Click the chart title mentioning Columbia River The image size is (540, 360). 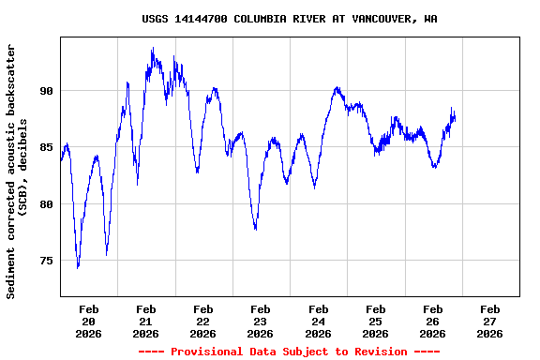[289, 19]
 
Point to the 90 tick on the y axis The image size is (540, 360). [47, 91]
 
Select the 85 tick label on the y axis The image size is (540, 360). [47, 147]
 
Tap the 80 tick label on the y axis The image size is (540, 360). [47, 203]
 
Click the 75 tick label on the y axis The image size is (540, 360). [47, 260]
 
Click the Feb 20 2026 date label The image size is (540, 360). [89, 321]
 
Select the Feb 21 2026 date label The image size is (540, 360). [146, 321]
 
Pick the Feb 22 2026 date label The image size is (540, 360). [203, 321]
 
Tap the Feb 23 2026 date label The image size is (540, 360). [261, 321]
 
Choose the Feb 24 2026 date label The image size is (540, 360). [318, 321]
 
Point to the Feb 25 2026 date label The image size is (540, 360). [375, 321]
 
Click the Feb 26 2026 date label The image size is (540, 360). [432, 321]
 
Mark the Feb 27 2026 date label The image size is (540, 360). [489, 321]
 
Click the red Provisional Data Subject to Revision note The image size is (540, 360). [289, 352]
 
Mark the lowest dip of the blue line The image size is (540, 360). [78, 267]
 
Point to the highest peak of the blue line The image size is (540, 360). [152, 48]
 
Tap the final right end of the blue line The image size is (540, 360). [455, 117]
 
